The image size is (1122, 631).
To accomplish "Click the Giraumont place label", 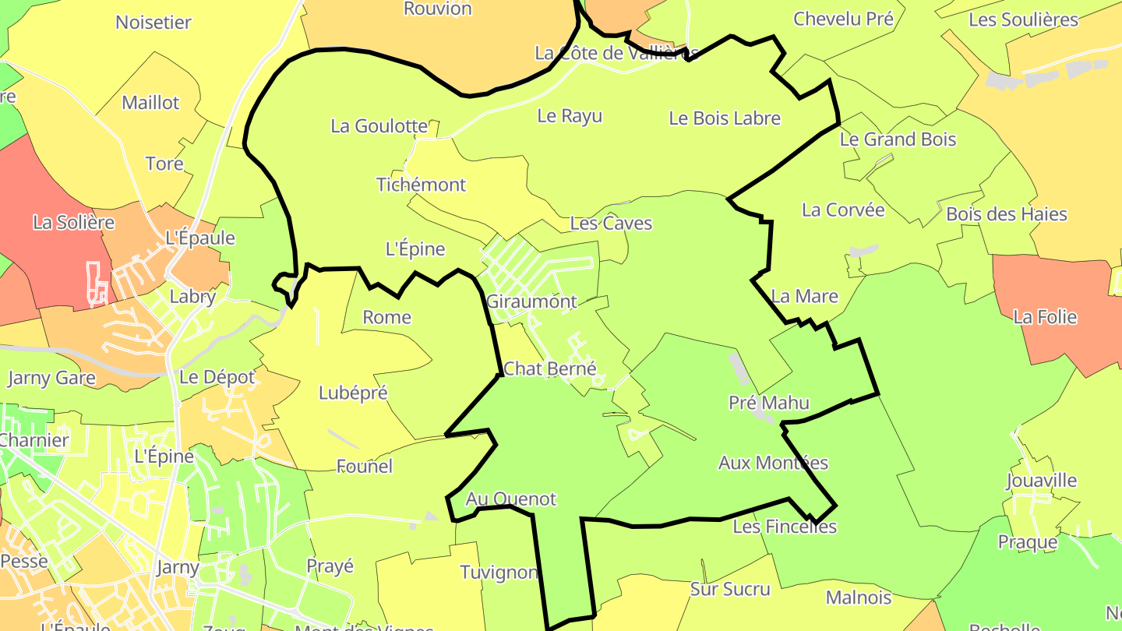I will pos(531,301).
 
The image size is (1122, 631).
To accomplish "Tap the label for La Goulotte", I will pos(379,126).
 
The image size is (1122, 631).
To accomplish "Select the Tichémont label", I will pos(421,185).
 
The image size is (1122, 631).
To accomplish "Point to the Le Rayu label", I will pos(570,117).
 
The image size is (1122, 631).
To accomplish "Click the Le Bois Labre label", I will pos(725,118).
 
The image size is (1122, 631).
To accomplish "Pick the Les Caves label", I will pos(611,224).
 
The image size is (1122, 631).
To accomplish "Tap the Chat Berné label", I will pos(549,368).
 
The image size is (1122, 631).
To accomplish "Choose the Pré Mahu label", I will pos(769,403).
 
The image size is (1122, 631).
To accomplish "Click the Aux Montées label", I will pos(773,463).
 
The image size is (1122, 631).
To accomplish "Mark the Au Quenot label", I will pos(511,499).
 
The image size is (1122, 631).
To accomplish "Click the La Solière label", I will pos(73,223).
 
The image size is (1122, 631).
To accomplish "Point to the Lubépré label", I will pos(353,393).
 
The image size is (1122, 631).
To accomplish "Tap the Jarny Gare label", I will pos(51,379).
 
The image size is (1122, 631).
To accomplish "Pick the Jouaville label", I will pos(1041,481).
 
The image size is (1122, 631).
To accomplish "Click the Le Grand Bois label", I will pos(898,140).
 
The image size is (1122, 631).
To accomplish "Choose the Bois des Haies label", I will pos(1006,214).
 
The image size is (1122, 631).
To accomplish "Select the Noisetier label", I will pos(153,23).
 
